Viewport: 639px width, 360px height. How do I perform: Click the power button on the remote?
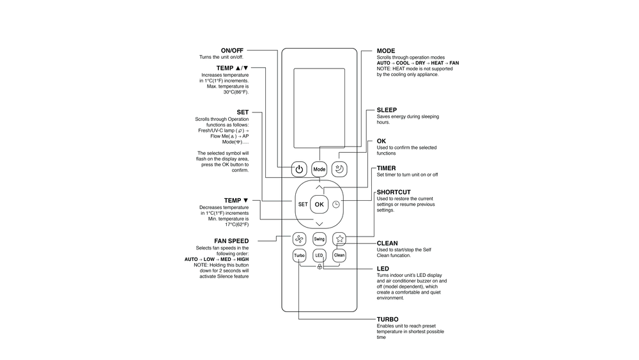click(299, 169)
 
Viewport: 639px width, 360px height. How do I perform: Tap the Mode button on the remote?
click(319, 169)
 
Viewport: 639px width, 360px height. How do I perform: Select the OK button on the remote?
click(319, 204)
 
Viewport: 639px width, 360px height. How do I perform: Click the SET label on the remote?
click(303, 205)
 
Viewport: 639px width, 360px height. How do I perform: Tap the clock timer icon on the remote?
click(336, 204)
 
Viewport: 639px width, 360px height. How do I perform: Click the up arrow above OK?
click(319, 187)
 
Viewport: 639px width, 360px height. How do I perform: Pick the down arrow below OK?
click(319, 223)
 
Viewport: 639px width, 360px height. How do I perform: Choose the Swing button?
click(319, 239)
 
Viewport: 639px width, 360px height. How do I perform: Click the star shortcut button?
click(339, 239)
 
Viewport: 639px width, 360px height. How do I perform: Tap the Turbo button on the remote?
click(299, 255)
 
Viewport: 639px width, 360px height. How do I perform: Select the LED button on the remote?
click(319, 255)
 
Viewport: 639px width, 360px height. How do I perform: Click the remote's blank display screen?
click(319, 107)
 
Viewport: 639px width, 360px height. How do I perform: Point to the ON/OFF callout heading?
click(232, 51)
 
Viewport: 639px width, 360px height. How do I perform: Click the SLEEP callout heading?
click(387, 110)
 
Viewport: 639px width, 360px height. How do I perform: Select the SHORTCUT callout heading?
click(394, 192)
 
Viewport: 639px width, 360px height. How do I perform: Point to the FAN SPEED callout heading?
click(231, 241)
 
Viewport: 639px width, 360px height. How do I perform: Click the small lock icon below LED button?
click(319, 267)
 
